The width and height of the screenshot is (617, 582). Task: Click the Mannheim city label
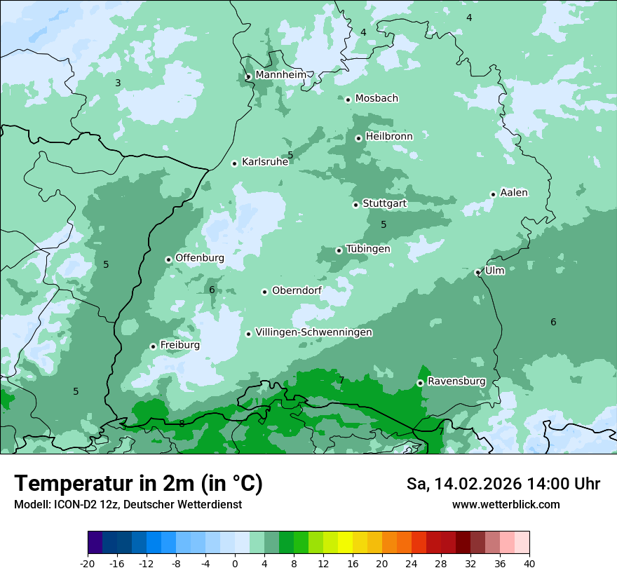(x=280, y=74)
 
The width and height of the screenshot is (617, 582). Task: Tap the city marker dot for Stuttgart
(x=355, y=205)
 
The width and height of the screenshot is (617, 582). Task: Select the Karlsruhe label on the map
(x=265, y=162)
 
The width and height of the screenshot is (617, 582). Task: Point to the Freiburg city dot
(x=153, y=346)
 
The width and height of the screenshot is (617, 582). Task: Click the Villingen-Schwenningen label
(x=313, y=332)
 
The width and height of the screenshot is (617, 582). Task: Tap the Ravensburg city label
(x=456, y=381)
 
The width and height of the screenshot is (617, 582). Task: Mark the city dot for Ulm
(x=477, y=272)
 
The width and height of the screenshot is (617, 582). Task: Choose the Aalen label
(x=514, y=193)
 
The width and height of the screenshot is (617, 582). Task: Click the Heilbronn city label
(x=389, y=137)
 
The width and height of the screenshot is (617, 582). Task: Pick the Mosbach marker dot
(x=348, y=100)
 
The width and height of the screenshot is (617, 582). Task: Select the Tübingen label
(x=368, y=249)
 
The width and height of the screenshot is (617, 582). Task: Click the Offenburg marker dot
(x=168, y=259)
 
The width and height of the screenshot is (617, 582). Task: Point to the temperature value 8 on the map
(x=182, y=424)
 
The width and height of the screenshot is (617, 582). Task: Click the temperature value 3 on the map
(x=118, y=83)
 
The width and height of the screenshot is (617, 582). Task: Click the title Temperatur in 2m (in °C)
(x=138, y=483)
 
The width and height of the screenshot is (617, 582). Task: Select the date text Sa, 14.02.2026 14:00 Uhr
(x=503, y=484)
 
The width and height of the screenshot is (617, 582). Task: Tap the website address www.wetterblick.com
(x=506, y=504)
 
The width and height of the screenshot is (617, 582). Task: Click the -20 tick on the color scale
(x=88, y=563)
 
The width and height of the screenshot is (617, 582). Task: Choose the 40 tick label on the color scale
(x=529, y=563)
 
